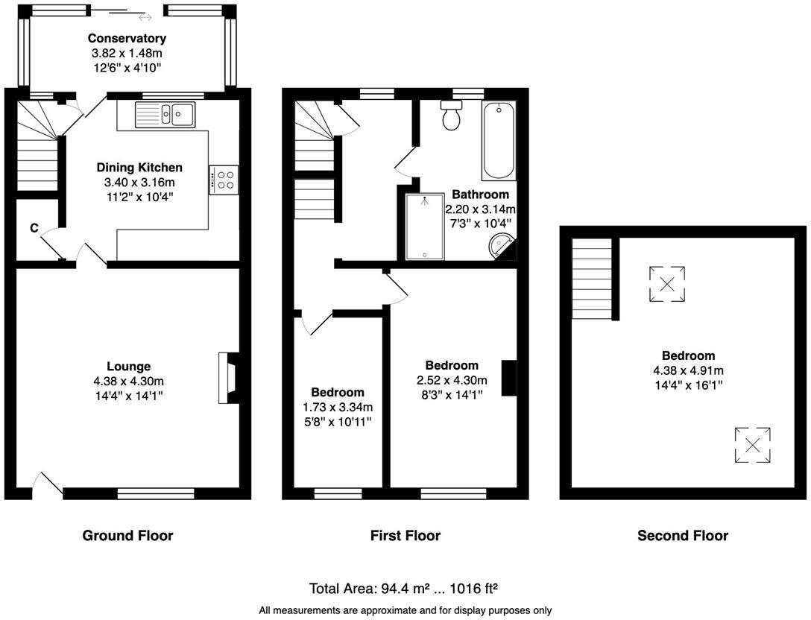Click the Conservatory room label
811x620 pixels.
(x=127, y=38)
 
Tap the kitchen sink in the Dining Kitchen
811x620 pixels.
(x=165, y=115)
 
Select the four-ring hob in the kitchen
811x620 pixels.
(x=224, y=180)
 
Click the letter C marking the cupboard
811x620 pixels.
(x=34, y=229)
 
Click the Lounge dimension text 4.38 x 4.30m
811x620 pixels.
(x=128, y=381)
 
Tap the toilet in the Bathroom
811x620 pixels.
(x=451, y=117)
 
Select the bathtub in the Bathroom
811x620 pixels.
(x=497, y=142)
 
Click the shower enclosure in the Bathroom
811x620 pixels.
(x=425, y=227)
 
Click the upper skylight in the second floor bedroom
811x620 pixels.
(x=667, y=284)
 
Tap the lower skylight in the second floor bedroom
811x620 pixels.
(x=752, y=446)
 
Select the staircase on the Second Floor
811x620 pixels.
(x=592, y=278)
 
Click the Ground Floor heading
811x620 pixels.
(x=127, y=535)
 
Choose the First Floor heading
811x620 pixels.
(x=405, y=535)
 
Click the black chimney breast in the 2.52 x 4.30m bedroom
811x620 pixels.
(x=509, y=378)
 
